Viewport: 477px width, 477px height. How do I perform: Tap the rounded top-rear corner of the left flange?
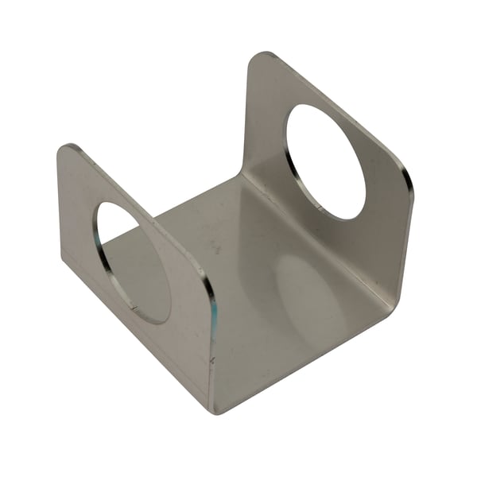[67, 149]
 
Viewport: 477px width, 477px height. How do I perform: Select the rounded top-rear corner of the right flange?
[259, 58]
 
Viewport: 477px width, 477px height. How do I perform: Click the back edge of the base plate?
[199, 195]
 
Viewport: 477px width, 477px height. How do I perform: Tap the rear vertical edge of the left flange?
[60, 207]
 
